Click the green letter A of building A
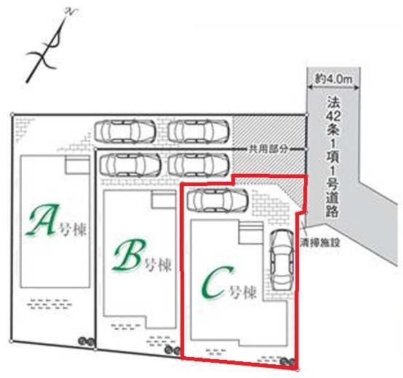42,220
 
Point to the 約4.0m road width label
334,79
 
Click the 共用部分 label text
268,149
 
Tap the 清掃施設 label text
320,242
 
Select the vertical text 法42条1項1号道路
333,157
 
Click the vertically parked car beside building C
282,260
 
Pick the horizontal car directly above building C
218,200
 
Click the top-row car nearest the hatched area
199,131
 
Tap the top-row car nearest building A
125,131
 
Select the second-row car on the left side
130,164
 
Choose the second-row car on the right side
199,164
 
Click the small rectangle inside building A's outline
77,166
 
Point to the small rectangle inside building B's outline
164,200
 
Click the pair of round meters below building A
87,342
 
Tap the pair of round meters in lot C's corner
287,361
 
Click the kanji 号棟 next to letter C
243,292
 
